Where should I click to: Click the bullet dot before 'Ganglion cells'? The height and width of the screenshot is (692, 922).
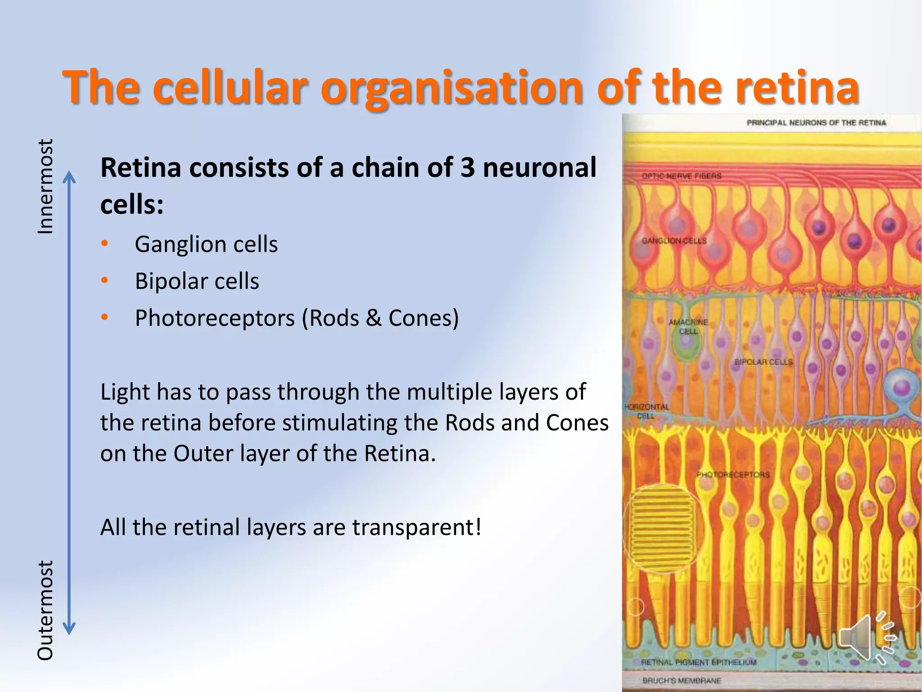tap(105, 244)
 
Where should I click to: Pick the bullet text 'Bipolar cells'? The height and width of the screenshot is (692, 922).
tap(197, 281)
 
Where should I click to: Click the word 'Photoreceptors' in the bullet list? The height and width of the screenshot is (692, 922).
tap(215, 318)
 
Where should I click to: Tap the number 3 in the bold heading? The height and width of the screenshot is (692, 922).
tap(468, 168)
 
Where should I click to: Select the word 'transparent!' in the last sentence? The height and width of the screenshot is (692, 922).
tap(417, 527)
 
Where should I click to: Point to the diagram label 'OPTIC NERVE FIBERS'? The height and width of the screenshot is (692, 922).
tap(682, 176)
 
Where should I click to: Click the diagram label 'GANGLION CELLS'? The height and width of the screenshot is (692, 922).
tap(674, 241)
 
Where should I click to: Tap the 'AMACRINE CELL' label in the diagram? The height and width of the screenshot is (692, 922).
tap(688, 327)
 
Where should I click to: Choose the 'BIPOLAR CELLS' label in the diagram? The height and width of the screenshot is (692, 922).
tap(764, 362)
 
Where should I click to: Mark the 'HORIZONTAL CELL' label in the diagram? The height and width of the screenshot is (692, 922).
tap(647, 411)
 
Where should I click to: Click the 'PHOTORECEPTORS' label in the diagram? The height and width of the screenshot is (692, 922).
tap(733, 474)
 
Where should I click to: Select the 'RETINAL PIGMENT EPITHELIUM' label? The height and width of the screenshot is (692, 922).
tap(699, 662)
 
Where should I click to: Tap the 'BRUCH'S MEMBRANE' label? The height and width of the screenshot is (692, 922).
tap(682, 681)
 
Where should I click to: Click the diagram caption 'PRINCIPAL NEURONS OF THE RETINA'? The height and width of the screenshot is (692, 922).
tap(816, 123)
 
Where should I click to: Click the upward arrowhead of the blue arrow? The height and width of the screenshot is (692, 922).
tap(69, 177)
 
